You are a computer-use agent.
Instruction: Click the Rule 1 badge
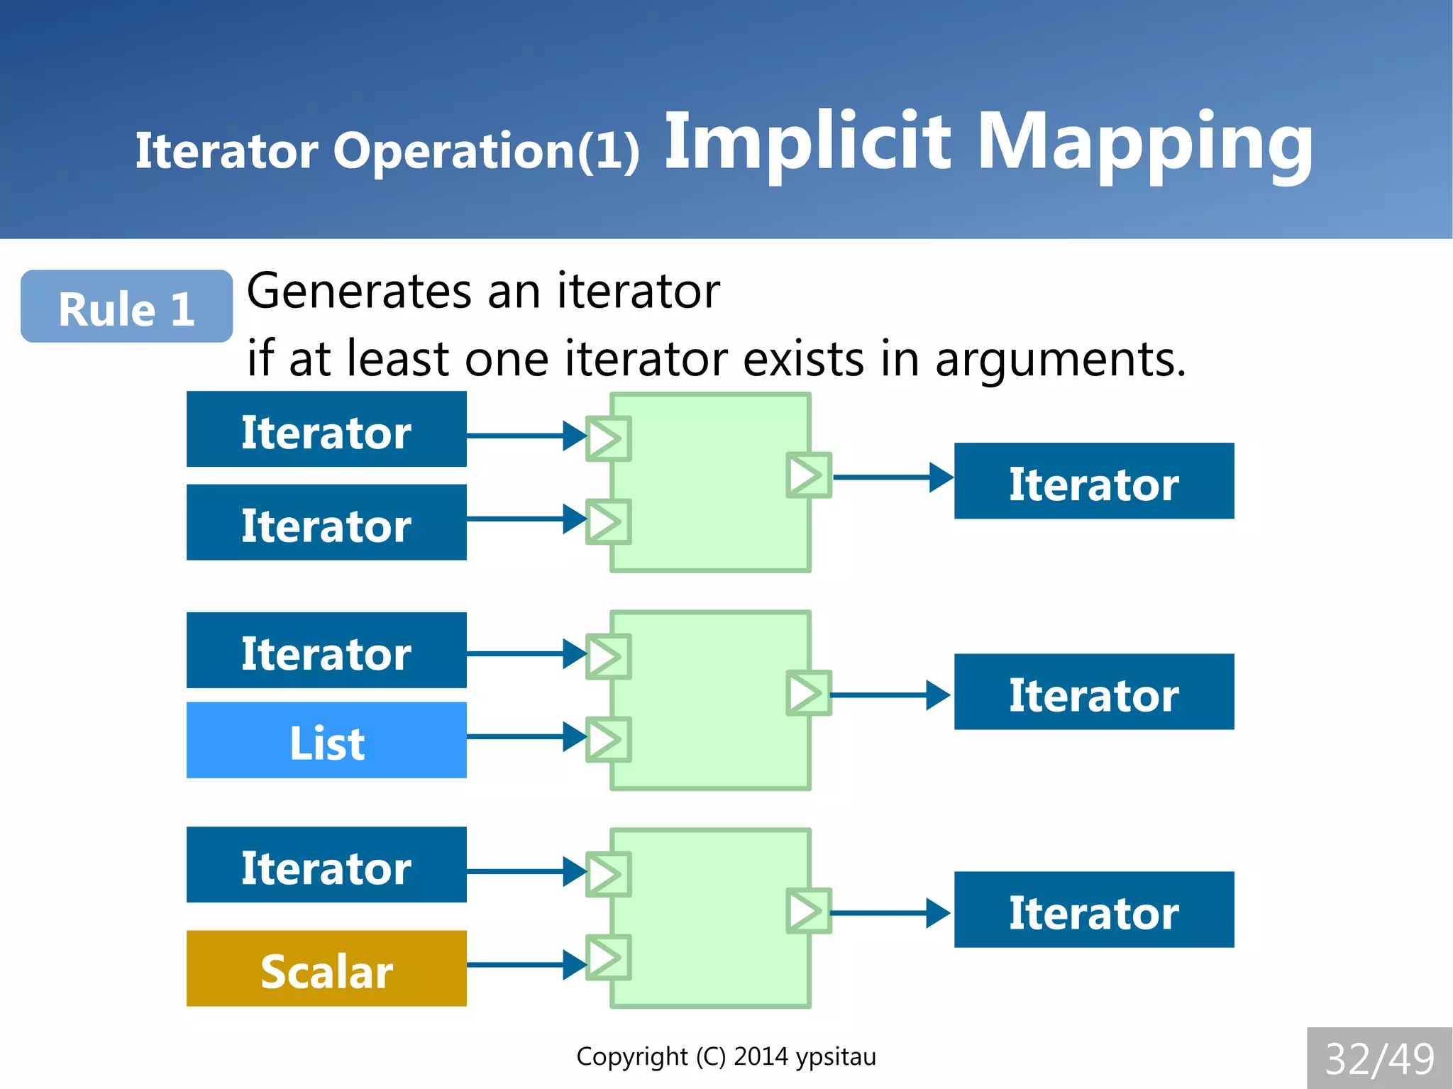click(126, 307)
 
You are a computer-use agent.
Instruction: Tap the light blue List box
click(326, 741)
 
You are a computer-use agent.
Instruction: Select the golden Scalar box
click(326, 969)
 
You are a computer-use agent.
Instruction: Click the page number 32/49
click(1379, 1058)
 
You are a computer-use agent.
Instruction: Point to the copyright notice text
click(726, 1056)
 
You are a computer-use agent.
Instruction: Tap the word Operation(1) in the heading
click(487, 151)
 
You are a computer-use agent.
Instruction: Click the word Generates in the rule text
click(359, 292)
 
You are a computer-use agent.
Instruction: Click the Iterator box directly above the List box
click(326, 651)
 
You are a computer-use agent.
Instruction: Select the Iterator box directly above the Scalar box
click(326, 865)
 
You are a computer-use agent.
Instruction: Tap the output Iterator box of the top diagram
click(1093, 482)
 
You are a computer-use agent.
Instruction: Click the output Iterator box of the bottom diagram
click(1093, 910)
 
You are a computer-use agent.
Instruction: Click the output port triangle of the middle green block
click(807, 693)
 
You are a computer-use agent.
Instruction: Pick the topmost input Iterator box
click(326, 429)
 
